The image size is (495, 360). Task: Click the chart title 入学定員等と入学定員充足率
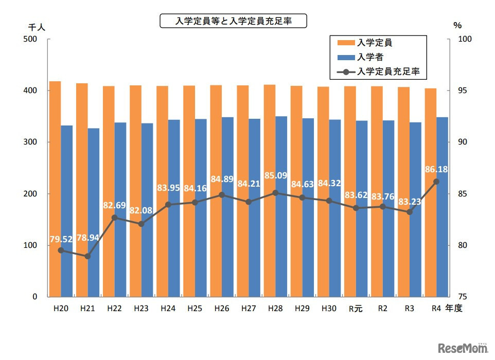pyautogui.click(x=233, y=21)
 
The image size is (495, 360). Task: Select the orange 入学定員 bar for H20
pyautogui.click(x=55, y=189)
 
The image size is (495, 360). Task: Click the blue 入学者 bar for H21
pyautogui.click(x=94, y=212)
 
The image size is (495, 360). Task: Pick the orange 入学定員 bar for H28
pyautogui.click(x=269, y=190)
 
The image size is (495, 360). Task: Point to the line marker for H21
pyautogui.click(x=87, y=256)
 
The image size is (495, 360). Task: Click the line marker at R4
pyautogui.click(x=436, y=182)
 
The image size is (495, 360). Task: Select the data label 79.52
pyautogui.click(x=61, y=239)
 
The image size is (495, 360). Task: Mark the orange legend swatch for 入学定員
pyautogui.click(x=345, y=43)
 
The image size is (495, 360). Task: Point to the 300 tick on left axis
pyautogui.click(x=32, y=142)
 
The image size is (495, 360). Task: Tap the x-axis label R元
pyautogui.click(x=356, y=309)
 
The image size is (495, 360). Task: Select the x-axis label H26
pyautogui.click(x=222, y=309)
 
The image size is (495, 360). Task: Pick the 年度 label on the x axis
pyautogui.click(x=454, y=309)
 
